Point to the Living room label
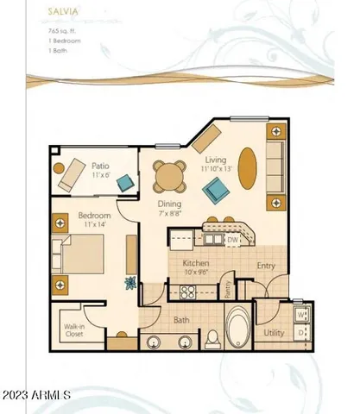tap(215, 160)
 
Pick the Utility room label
tap(274, 331)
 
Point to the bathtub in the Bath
tap(235, 331)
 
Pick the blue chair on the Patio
tap(126, 182)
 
